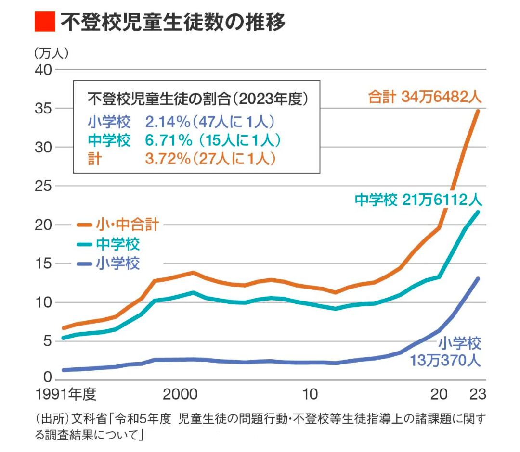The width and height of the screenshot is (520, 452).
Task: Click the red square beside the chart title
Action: coord(45,21)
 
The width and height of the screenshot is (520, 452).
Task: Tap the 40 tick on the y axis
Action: coord(42,70)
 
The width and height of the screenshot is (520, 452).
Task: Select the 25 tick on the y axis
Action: coord(42,186)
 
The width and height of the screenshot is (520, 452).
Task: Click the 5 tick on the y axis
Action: coord(46,341)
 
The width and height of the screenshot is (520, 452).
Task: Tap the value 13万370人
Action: coord(445,360)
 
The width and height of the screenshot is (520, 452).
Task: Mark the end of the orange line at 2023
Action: coord(478,111)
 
